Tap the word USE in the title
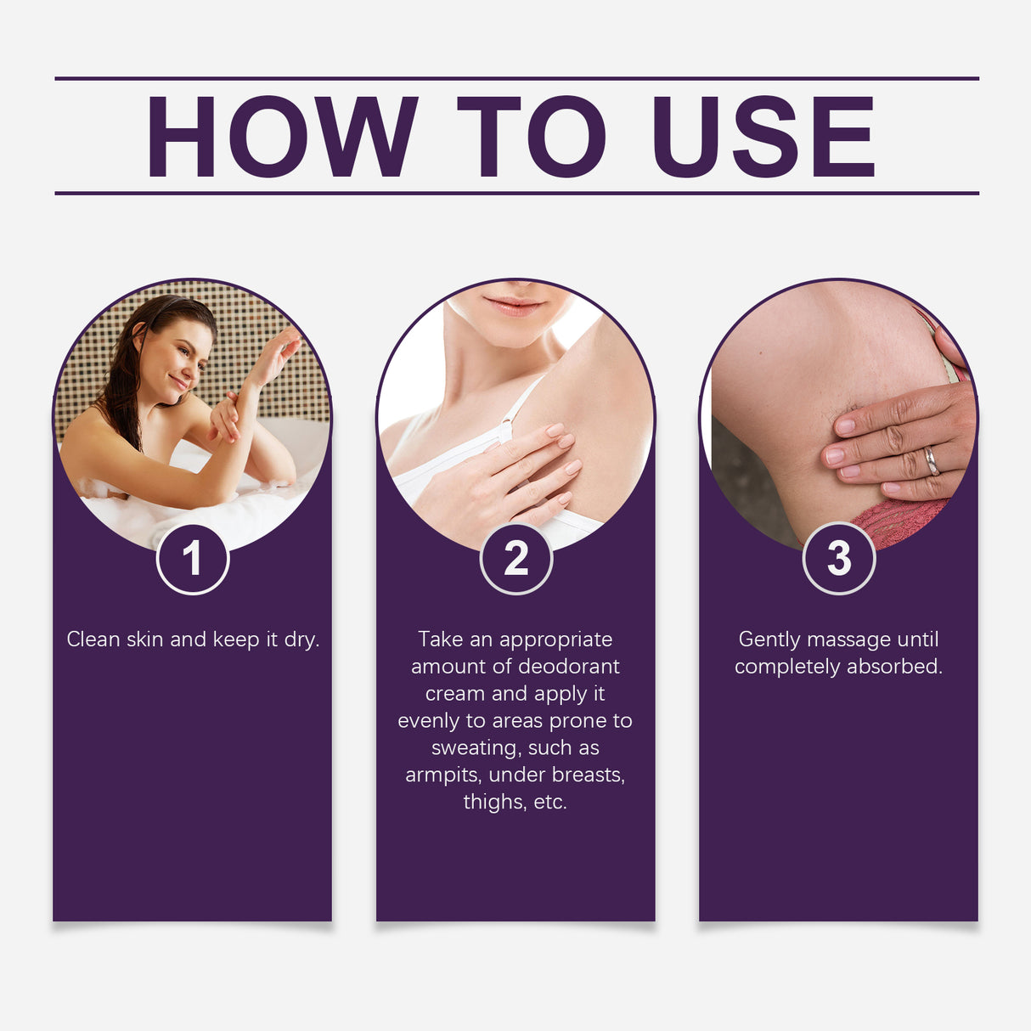(x=763, y=136)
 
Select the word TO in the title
(x=531, y=136)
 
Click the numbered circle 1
(x=193, y=558)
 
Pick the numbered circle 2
(x=515, y=558)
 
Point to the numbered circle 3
(x=838, y=558)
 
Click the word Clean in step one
(x=93, y=639)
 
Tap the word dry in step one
(x=301, y=640)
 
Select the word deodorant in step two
(x=569, y=667)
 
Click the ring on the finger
(x=932, y=460)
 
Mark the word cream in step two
(x=454, y=694)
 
